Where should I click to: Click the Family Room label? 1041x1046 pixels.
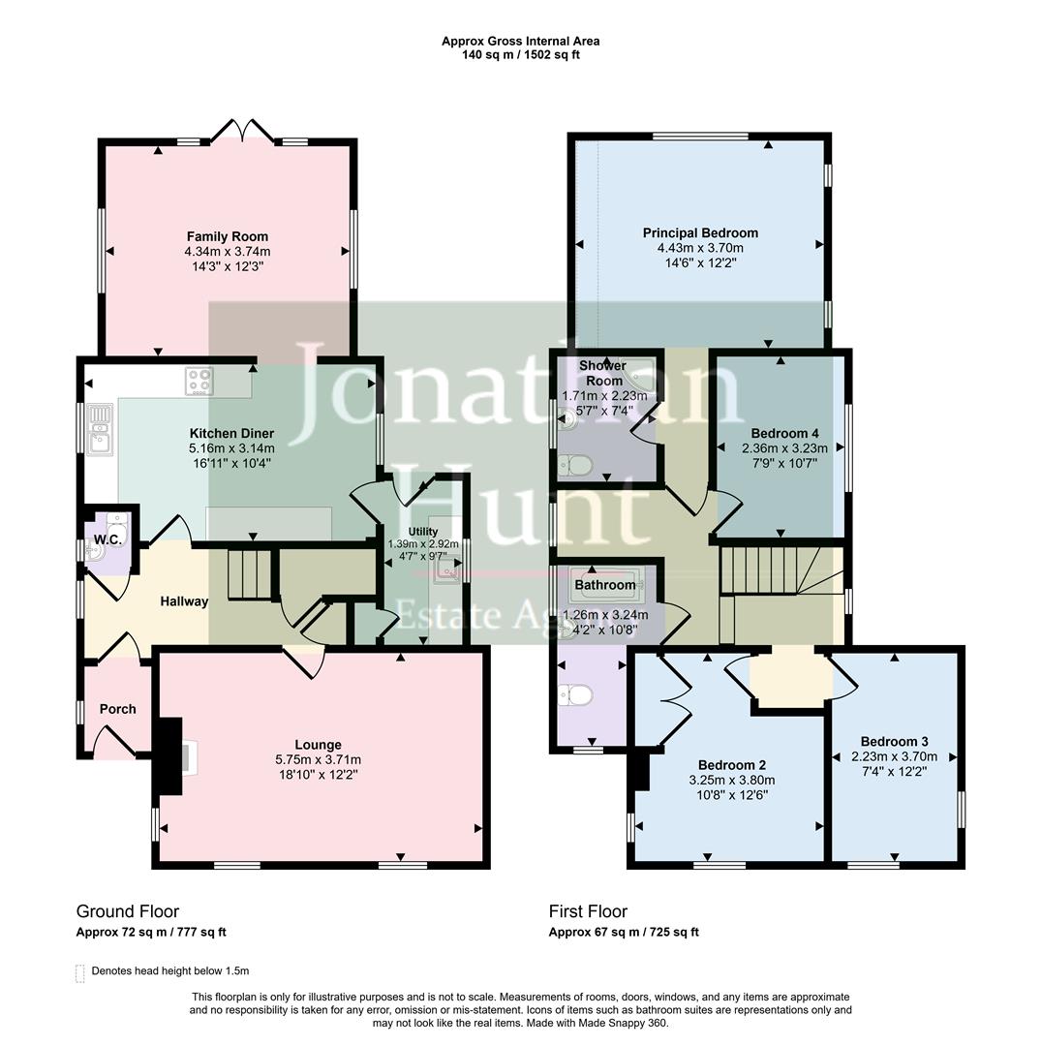[228, 236]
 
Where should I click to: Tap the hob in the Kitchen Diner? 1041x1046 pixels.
[199, 381]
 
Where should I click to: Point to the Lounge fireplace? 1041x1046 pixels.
[172, 747]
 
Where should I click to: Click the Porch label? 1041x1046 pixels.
[117, 709]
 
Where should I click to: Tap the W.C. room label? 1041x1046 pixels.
[107, 539]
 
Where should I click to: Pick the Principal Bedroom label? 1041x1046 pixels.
[700, 232]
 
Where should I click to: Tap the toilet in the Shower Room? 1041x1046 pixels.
[578, 466]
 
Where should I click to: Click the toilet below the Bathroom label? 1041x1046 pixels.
[579, 695]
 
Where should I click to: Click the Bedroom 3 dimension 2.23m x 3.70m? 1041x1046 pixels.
[895, 756]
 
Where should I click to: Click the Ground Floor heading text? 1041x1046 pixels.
[128, 911]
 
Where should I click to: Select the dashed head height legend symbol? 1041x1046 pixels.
[79, 971]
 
